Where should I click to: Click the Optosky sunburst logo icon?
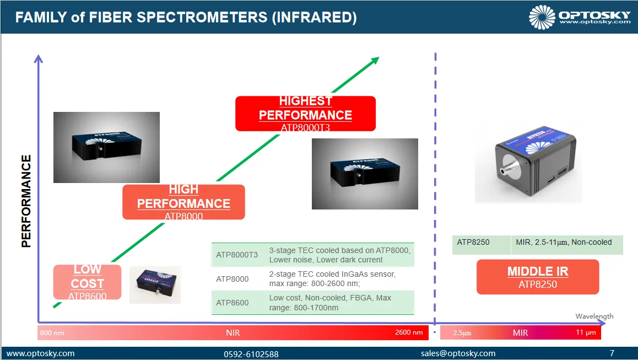pyautogui.click(x=542, y=17)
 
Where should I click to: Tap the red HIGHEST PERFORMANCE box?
pyautogui.click(x=306, y=114)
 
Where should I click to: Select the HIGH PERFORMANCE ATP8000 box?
pyautogui.click(x=183, y=202)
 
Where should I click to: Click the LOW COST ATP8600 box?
pyautogui.click(x=87, y=282)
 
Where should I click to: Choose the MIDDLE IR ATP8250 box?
pyautogui.click(x=538, y=277)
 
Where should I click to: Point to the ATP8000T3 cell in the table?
pyautogui.click(x=237, y=255)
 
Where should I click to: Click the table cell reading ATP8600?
pyautogui.click(x=233, y=303)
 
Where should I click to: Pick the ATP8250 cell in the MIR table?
pyautogui.click(x=473, y=243)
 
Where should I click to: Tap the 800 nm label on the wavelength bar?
pyautogui.click(x=52, y=333)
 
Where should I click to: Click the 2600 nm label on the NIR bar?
pyautogui.click(x=409, y=332)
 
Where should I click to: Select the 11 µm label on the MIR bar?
pyautogui.click(x=586, y=332)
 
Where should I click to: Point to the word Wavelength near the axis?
pyautogui.click(x=594, y=316)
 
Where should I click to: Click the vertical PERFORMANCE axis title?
pyautogui.click(x=26, y=201)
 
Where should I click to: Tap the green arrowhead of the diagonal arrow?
pyautogui.click(x=375, y=61)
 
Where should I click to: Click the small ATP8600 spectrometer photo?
pyautogui.click(x=155, y=285)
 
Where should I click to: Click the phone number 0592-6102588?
pyautogui.click(x=251, y=354)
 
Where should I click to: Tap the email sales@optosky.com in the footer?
pyautogui.click(x=458, y=353)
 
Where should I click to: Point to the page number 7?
pyautogui.click(x=612, y=353)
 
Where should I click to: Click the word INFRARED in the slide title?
pyautogui.click(x=314, y=17)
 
